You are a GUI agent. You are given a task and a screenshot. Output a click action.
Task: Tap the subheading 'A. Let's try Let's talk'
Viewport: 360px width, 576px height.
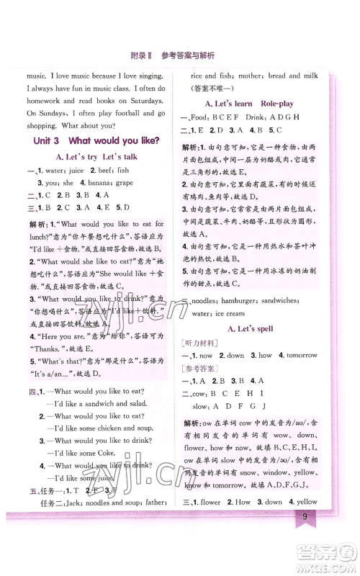coord(96,156)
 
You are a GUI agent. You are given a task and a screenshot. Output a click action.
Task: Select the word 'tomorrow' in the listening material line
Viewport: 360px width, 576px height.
coord(302,355)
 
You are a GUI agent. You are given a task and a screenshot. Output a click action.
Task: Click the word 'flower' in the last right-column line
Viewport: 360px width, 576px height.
coord(212,501)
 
